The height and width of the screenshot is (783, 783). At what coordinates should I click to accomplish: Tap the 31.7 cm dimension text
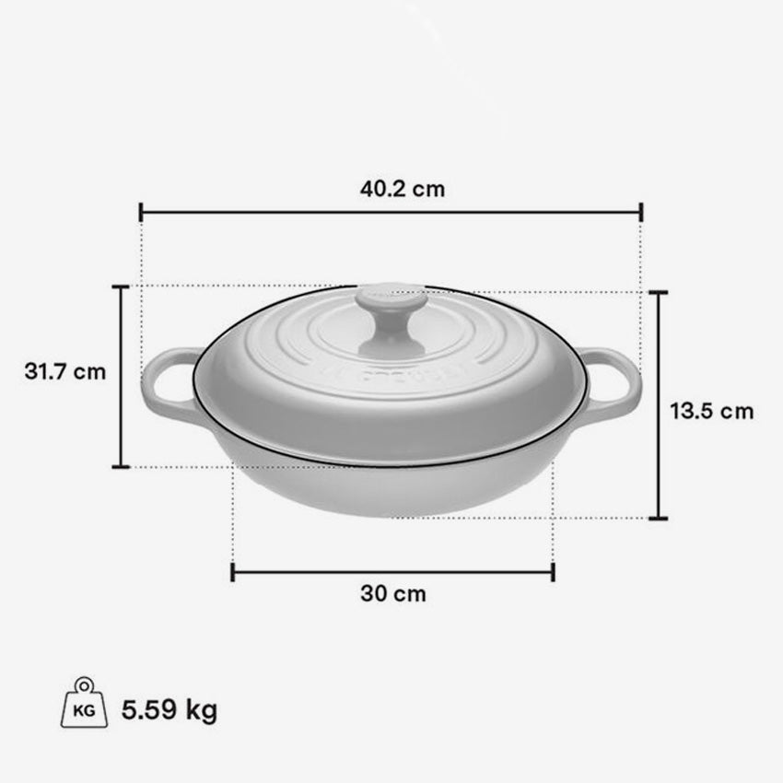(x=65, y=372)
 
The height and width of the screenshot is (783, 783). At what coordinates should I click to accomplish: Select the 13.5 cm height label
(x=711, y=411)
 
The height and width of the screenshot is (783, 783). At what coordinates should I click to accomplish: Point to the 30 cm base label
(x=393, y=594)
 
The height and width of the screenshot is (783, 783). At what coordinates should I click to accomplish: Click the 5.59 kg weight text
(x=169, y=710)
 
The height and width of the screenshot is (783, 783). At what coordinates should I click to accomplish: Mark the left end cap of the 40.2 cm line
(x=141, y=213)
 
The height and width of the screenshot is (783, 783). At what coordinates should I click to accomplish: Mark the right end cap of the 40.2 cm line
(x=641, y=213)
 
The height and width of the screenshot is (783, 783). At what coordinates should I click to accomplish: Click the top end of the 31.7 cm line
(x=121, y=286)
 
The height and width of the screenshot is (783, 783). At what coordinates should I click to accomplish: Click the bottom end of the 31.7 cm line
(x=121, y=467)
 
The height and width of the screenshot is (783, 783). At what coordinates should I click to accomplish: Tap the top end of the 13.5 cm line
(x=658, y=292)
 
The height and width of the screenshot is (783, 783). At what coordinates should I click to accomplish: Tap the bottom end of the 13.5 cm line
(x=658, y=518)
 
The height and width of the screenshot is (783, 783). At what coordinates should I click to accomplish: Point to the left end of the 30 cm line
(x=232, y=572)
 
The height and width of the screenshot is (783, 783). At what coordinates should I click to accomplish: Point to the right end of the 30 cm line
(x=553, y=572)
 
